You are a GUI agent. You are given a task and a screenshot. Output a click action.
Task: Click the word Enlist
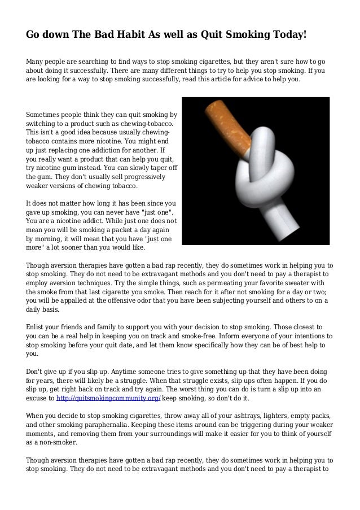pos(37,328)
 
